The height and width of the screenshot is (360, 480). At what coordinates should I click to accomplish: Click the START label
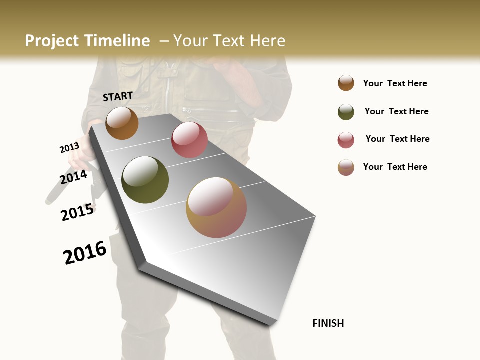(x=118, y=96)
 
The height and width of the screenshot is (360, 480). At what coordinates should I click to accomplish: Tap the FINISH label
(x=328, y=323)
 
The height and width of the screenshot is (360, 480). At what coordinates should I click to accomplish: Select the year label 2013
(x=69, y=148)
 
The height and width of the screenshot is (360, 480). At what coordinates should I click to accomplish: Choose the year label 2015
(x=77, y=212)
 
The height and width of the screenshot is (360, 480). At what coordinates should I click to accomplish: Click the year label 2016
(x=85, y=253)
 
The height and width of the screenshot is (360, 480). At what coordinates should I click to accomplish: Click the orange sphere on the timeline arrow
(x=122, y=123)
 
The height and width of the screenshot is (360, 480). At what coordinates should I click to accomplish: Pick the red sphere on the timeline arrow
(x=189, y=140)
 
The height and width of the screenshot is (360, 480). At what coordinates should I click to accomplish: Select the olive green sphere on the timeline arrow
(x=145, y=180)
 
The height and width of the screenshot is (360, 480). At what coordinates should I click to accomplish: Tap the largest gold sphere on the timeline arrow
(x=216, y=207)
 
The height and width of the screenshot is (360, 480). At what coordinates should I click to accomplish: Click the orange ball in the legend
(x=346, y=83)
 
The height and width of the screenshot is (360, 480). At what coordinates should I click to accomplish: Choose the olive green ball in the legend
(x=346, y=112)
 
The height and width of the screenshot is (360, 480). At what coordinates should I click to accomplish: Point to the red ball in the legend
(x=346, y=140)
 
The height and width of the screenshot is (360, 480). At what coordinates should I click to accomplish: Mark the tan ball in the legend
(x=346, y=167)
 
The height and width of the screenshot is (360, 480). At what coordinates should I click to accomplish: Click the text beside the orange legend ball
(x=395, y=84)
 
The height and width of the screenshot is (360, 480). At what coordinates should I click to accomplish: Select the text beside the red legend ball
(x=397, y=139)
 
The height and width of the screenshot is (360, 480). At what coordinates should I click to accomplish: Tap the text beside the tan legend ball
(x=395, y=167)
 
